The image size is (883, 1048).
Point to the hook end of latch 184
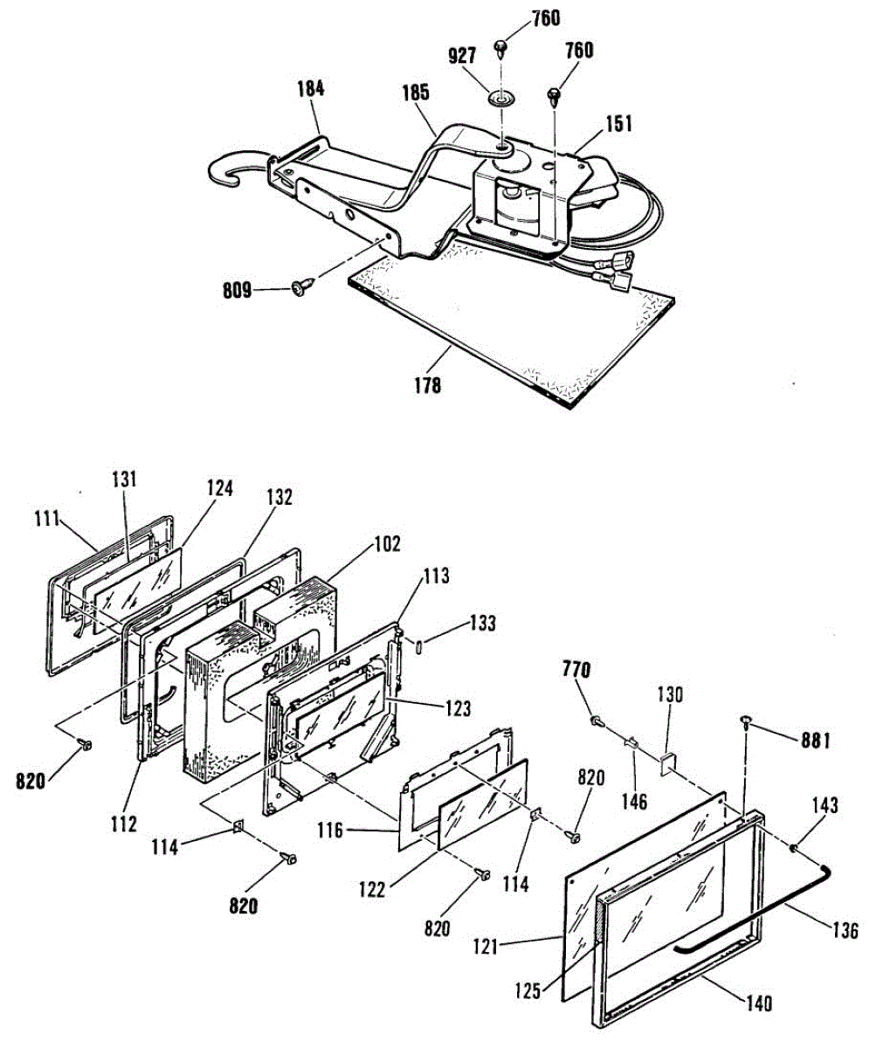tap(225, 174)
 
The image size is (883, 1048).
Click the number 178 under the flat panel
tap(428, 383)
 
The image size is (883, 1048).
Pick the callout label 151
tap(618, 124)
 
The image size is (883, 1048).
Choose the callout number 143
tap(826, 805)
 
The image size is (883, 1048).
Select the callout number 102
tap(385, 545)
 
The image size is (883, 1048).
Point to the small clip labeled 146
tap(630, 744)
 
